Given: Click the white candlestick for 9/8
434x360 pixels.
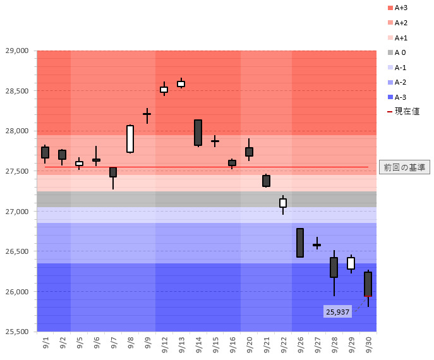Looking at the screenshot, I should (x=130, y=139).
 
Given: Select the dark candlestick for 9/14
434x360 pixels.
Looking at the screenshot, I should (x=198, y=133).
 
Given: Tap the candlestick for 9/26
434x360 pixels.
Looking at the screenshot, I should (x=300, y=243).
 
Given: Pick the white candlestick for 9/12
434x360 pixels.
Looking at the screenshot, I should (x=164, y=90).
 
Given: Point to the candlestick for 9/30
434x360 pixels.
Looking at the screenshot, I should (x=368, y=284).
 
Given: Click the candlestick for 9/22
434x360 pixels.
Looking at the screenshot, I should (x=283, y=203).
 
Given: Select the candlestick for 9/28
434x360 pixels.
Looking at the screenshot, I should (x=334, y=267).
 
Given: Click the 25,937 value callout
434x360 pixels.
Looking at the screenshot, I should (x=338, y=312).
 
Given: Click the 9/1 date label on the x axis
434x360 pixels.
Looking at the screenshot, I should (x=45, y=345).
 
